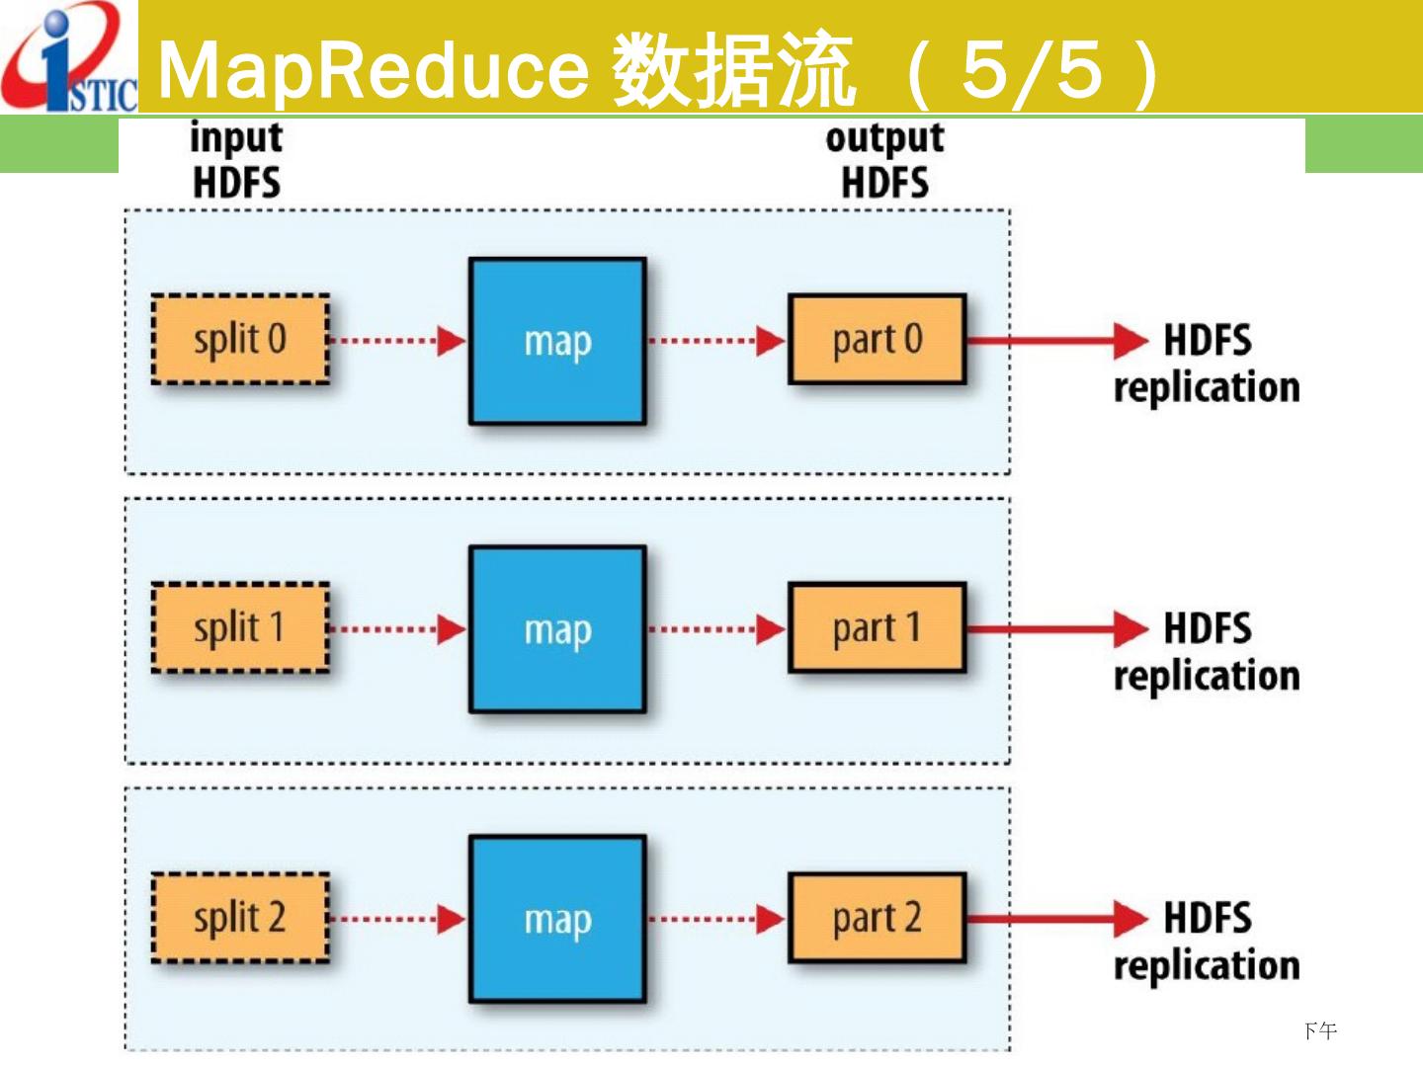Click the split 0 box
[240, 339]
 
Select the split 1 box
[240, 628]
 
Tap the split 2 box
[240, 918]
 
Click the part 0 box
[877, 339]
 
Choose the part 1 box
[877, 628]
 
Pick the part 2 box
[877, 918]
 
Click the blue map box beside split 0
[557, 342]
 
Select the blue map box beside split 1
[557, 629]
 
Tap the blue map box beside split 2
[557, 919]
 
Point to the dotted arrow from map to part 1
[716, 629]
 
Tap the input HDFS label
[236, 160]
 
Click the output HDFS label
[884, 160]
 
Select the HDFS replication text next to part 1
[1207, 652]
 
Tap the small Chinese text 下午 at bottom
[1320, 1031]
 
